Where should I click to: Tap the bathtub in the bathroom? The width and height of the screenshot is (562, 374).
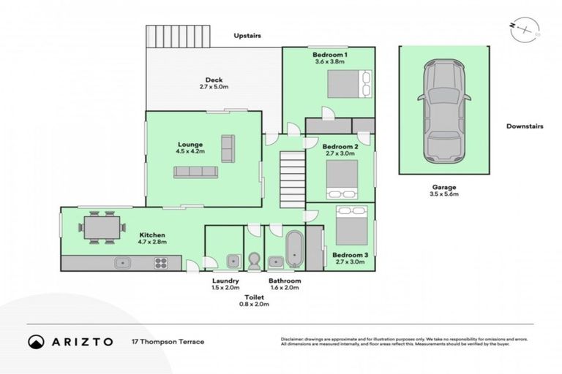click(x=295, y=251)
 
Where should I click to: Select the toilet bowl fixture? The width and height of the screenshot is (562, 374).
click(x=255, y=261)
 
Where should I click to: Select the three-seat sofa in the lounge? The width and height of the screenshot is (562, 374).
click(x=195, y=172)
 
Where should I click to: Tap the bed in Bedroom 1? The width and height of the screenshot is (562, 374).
click(x=346, y=84)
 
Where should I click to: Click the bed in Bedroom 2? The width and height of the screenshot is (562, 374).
click(x=341, y=178)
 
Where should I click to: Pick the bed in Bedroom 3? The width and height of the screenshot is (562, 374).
click(x=351, y=226)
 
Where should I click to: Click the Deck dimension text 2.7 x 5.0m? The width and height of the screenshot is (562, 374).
click(x=214, y=87)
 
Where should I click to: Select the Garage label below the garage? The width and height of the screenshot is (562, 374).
click(x=443, y=187)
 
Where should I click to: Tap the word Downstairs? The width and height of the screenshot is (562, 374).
click(x=525, y=126)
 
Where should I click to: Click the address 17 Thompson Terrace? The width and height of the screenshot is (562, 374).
click(x=168, y=342)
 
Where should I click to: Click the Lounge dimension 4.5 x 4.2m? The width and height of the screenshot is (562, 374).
click(x=190, y=151)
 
